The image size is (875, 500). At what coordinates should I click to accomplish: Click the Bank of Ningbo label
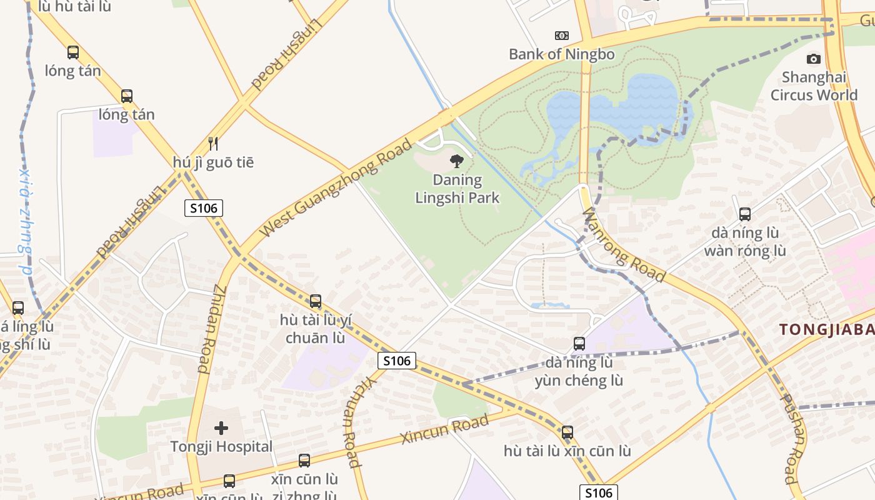pos(561,54)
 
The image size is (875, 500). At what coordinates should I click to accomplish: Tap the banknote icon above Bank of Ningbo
pos(562,36)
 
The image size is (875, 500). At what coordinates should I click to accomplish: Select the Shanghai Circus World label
pos(813,86)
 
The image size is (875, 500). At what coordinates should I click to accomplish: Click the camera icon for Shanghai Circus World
pos(813,59)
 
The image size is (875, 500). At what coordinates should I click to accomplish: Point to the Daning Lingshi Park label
pos(457,189)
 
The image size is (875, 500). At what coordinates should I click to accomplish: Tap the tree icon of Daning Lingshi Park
pos(457,161)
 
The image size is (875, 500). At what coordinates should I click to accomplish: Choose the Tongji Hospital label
pos(221,447)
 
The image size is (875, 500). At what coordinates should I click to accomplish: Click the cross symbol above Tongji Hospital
pos(221,428)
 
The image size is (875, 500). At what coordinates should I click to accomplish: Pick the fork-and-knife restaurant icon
pos(213,144)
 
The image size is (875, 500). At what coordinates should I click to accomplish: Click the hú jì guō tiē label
pos(213,162)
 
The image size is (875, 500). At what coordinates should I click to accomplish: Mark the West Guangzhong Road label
pos(336,187)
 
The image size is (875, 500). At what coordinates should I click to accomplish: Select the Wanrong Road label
pos(623,245)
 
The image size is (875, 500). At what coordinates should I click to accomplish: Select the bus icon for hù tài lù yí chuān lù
pos(316,301)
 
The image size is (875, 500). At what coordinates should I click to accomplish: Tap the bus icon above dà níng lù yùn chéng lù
pos(579,344)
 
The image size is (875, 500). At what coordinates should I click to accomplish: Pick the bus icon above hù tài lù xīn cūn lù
pos(567,432)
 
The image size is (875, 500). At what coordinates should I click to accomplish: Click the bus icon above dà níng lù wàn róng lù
pos(744,214)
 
